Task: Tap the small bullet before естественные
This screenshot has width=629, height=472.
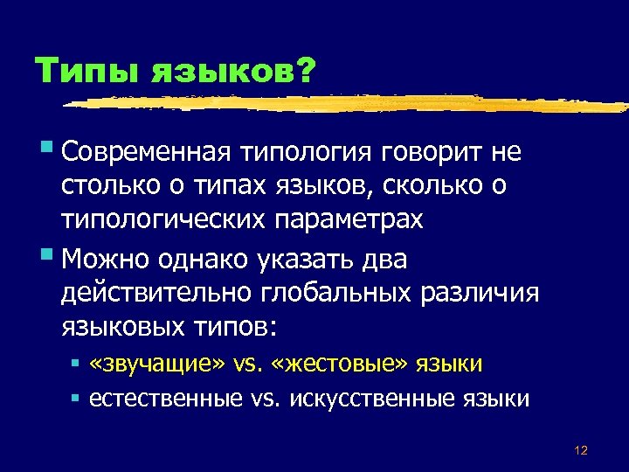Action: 75,397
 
